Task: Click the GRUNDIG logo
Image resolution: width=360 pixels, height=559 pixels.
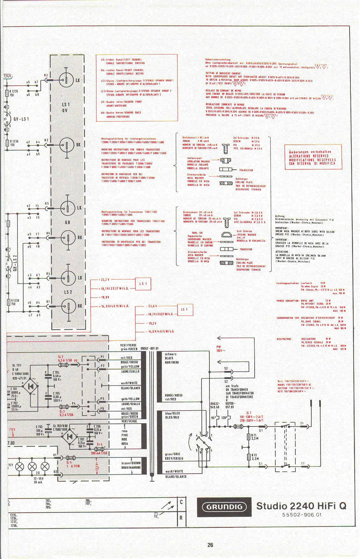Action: (224, 507)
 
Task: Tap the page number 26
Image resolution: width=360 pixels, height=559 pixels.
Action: (210, 545)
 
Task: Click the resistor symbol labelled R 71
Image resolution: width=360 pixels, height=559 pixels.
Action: (249, 437)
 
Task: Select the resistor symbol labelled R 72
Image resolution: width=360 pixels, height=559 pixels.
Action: (249, 457)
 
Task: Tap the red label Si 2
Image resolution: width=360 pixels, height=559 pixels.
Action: (60, 357)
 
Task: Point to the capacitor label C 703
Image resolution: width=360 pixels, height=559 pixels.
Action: (39, 426)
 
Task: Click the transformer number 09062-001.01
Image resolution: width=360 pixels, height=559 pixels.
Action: (149, 348)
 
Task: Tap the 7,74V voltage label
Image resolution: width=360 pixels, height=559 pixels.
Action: (7, 76)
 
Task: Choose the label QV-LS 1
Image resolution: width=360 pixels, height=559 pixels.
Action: (21, 119)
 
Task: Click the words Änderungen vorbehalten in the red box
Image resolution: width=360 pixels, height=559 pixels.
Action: (310, 152)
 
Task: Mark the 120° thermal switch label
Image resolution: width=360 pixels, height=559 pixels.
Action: (224, 418)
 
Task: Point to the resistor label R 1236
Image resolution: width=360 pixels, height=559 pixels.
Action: (14, 141)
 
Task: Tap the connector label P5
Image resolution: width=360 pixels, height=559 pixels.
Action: (102, 398)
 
